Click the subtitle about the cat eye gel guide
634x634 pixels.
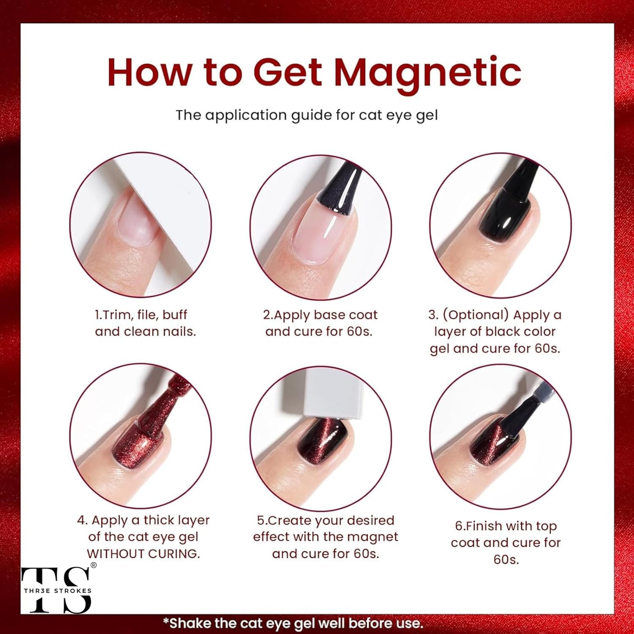307,115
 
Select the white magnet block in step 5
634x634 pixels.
333,393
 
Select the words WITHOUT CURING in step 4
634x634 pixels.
143,554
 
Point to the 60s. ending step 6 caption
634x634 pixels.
506,559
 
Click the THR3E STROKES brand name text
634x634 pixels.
57,591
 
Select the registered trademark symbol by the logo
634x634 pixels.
93,565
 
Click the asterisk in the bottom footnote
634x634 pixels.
166,622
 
